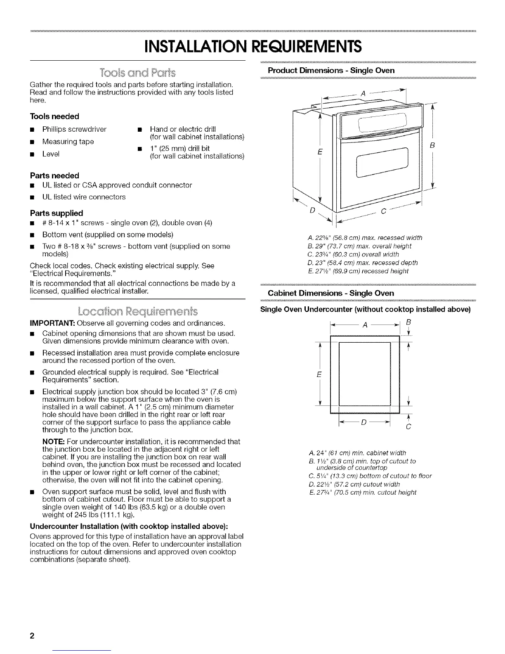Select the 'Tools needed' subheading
tap(54, 116)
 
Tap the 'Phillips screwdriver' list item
tap(74, 129)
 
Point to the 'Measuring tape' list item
tap(68, 142)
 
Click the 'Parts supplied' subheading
tap(57, 213)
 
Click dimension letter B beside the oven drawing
tap(432, 145)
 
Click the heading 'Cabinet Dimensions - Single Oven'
tap(331, 293)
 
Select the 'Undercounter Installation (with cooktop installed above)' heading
tap(130, 526)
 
